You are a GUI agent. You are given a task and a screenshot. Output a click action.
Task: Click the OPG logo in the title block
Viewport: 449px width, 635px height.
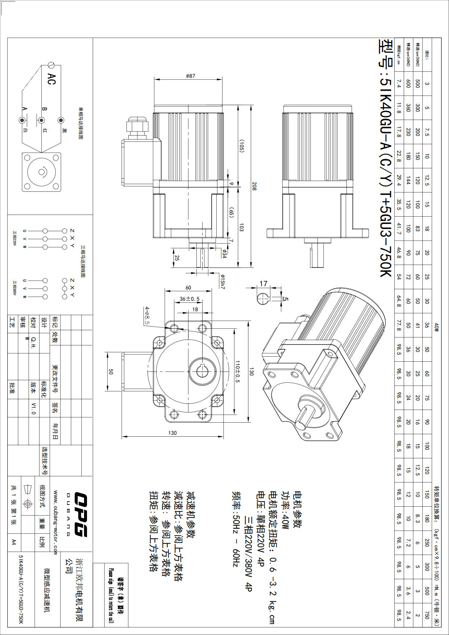(81, 514)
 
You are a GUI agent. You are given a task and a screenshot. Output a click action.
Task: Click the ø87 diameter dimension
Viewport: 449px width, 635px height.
(190, 76)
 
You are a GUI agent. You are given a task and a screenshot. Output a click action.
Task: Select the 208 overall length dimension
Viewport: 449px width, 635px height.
(254, 186)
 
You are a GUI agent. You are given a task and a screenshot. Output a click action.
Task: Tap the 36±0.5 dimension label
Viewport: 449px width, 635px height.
(190, 299)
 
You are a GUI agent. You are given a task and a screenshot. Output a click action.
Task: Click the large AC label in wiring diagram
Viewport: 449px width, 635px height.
(52, 79)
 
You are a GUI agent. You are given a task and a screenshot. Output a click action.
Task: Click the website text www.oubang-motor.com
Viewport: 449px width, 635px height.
(55, 522)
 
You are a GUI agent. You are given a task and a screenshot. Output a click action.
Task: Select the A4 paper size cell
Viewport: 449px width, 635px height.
(14, 542)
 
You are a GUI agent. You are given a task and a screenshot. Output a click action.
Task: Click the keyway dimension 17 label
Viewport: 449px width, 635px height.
(263, 283)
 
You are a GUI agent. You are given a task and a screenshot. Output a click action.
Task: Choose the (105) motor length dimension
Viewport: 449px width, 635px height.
(241, 146)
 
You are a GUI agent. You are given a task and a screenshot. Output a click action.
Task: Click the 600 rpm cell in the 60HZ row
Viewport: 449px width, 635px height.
(408, 84)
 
